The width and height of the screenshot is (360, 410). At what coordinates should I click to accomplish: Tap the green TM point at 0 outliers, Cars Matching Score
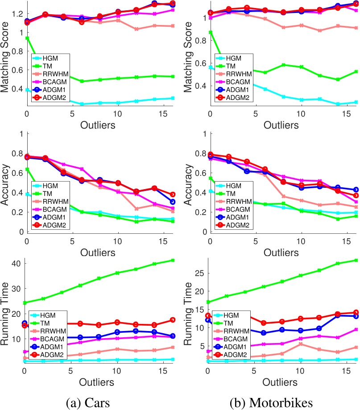point(27,38)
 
